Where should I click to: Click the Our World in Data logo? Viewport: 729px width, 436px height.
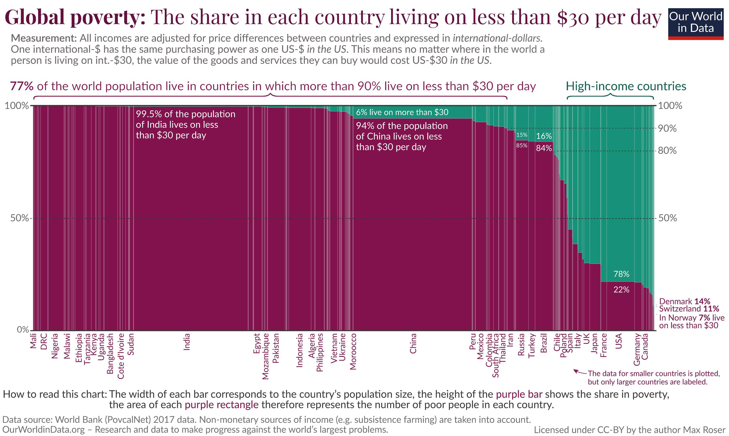[x=696, y=24]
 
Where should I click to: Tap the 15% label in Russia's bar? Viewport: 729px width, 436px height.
[x=522, y=135]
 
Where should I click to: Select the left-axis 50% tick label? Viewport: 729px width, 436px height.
[x=19, y=218]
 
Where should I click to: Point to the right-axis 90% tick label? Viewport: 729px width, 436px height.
[x=667, y=128]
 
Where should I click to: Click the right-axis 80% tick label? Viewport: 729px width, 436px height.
[x=667, y=151]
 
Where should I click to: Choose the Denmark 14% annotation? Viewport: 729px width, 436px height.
[x=684, y=301]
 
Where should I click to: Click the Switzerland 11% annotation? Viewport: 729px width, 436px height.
[x=689, y=309]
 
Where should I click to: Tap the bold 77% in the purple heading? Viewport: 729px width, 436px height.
[x=21, y=86]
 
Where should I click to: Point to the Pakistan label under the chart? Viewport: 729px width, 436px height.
[x=276, y=348]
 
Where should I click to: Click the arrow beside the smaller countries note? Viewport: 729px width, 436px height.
[x=580, y=372]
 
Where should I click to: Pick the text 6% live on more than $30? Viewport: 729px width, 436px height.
[x=402, y=112]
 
